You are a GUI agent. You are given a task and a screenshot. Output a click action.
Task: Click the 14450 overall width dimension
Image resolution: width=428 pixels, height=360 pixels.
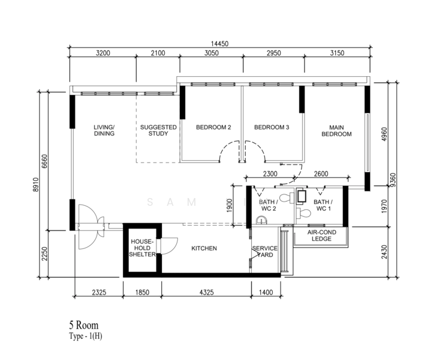[219, 43]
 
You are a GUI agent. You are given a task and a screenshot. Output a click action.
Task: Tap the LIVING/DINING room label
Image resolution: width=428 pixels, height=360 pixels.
[104, 130]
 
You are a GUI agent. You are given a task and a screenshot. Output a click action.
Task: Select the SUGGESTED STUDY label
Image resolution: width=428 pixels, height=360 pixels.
[158, 130]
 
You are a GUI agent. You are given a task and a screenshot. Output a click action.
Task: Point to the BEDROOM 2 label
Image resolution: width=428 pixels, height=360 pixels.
[213, 127]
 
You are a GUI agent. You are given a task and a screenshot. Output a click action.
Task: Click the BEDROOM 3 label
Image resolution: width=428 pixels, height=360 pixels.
[272, 127]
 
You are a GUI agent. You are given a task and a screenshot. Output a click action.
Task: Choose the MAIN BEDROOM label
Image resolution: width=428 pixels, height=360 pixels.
[336, 131]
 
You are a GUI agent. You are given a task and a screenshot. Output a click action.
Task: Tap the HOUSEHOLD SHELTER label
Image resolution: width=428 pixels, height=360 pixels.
[142, 248]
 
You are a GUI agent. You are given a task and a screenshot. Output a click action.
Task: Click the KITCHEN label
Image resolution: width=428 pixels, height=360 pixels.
[204, 248]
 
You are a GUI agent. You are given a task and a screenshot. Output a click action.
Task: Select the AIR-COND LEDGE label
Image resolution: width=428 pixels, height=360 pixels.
[321, 235]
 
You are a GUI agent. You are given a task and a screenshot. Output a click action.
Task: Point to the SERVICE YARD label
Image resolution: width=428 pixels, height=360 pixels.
[265, 251]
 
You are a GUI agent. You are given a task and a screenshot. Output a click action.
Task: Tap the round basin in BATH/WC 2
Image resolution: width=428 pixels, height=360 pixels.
[262, 220]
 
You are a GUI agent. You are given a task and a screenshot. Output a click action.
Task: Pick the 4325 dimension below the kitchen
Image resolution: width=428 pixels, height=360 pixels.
[206, 293]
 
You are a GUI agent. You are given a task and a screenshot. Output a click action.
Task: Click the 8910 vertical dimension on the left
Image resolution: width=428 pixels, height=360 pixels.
[36, 184]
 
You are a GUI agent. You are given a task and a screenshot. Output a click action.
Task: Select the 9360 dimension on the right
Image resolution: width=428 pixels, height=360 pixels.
[393, 180]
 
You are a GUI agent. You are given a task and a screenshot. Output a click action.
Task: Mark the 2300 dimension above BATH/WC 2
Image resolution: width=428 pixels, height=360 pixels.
[270, 174]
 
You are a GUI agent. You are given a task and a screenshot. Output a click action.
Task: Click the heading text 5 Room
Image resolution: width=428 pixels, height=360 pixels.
[83, 325]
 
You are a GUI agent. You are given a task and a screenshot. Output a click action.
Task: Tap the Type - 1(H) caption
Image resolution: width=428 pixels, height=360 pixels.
[86, 335]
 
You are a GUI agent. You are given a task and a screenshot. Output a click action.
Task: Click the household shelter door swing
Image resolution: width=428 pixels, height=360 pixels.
[169, 246]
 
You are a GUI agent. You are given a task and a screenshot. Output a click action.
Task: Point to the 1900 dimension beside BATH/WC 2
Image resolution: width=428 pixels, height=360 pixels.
[230, 205]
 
